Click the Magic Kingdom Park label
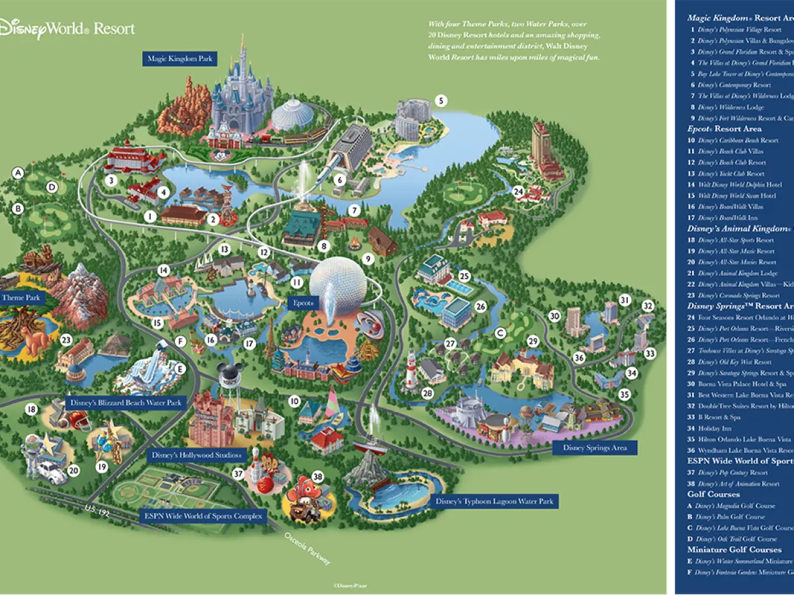(x=180, y=59)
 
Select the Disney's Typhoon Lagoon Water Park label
(x=494, y=501)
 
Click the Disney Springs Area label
(x=594, y=448)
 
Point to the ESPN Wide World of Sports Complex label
(x=203, y=516)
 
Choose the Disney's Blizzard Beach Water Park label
(x=126, y=403)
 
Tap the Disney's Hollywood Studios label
(x=197, y=455)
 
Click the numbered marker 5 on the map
(x=441, y=101)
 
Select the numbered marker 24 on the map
(x=519, y=192)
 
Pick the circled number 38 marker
(x=318, y=476)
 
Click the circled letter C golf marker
(x=500, y=332)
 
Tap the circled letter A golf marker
(x=19, y=173)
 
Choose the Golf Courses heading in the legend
(x=713, y=494)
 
